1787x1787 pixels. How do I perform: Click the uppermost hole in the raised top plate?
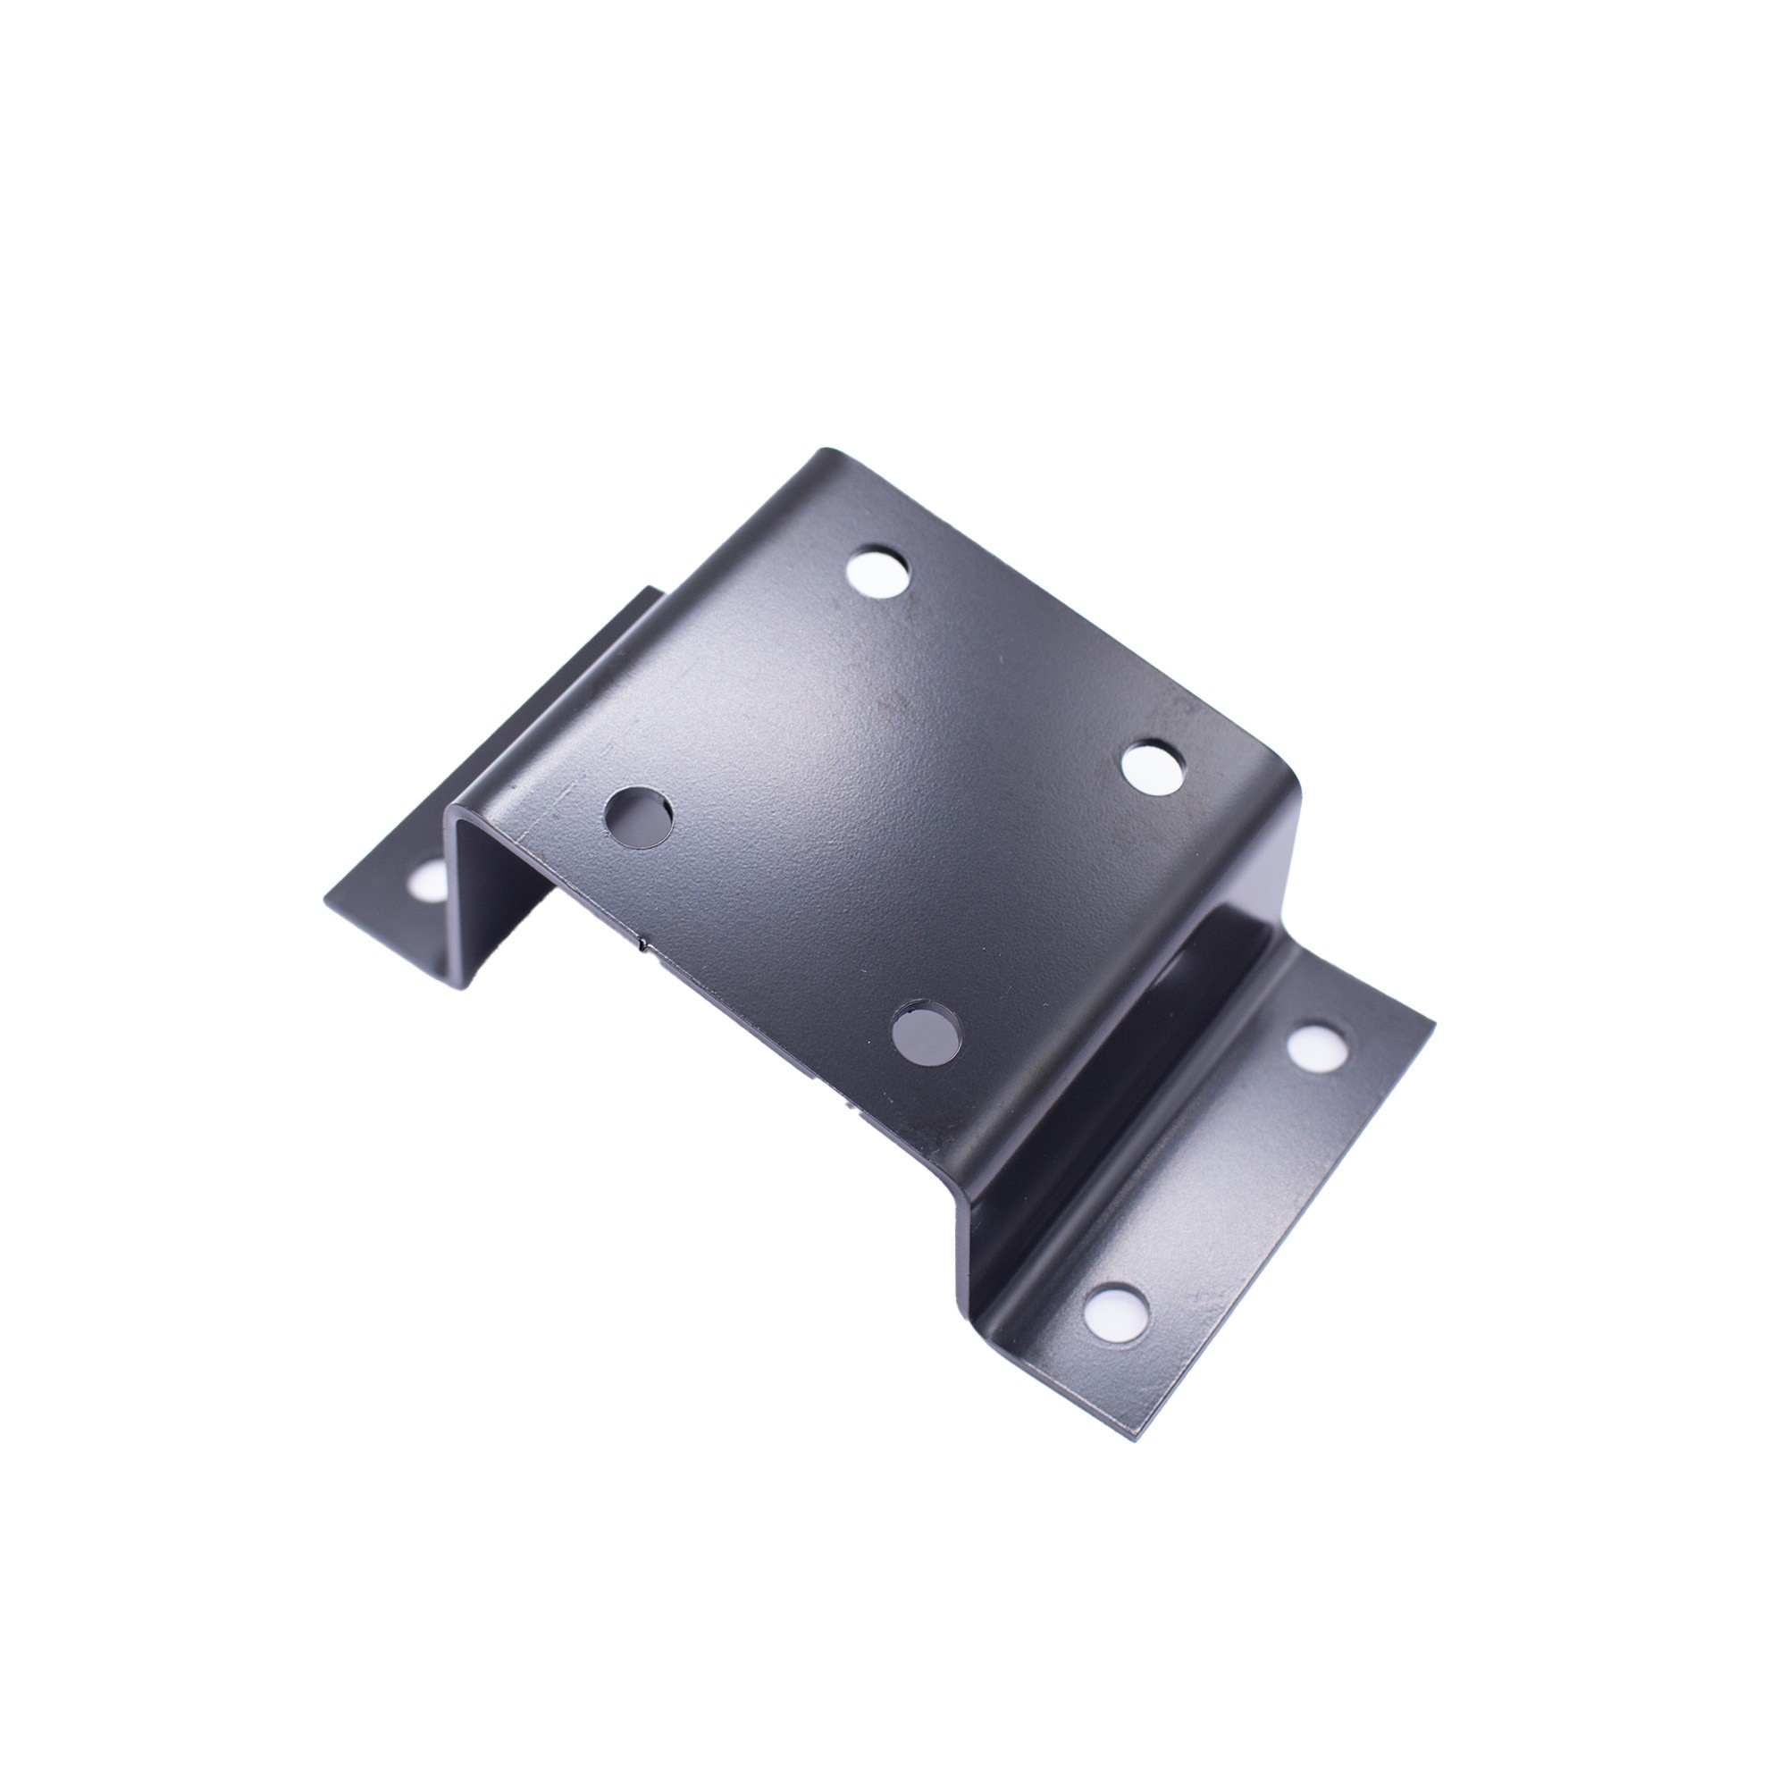[x=877, y=575]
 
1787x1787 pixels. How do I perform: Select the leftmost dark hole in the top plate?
[x=638, y=815]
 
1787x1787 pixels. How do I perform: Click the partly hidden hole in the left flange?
[x=428, y=878]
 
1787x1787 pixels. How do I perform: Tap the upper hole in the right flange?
[x=1313, y=1049]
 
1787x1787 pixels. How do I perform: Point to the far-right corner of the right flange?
[x=1434, y=1023]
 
